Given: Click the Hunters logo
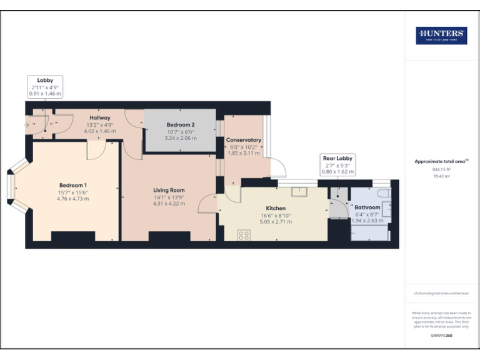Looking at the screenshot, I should coord(441,35).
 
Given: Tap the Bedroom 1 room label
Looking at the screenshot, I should coord(73,185).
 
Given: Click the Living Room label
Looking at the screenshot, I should coord(169,190).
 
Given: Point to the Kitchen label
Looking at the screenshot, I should coord(276,208).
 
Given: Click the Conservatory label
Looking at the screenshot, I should coord(243,139).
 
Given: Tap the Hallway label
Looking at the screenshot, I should coord(99,117).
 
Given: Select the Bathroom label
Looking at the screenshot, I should coord(367,207).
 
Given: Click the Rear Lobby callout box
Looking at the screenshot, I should coord(337,165).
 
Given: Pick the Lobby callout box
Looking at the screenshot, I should coord(45,86).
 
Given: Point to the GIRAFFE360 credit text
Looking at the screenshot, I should coord(441,336).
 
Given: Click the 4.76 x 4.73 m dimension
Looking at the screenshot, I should coord(73,199).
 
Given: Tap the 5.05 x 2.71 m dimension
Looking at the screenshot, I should coord(276,222).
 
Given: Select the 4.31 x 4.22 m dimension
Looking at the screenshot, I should coord(169,204).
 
